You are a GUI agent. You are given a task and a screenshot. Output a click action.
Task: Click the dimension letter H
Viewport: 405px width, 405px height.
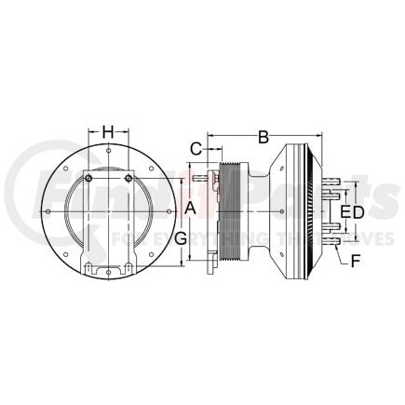108,131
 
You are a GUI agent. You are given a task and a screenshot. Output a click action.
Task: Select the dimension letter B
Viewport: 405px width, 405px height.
263,138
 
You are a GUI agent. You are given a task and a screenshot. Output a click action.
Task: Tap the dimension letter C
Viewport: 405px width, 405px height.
196,147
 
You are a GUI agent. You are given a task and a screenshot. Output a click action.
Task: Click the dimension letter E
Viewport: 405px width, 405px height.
344,212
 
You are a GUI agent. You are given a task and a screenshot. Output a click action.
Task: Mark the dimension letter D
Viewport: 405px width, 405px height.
358,212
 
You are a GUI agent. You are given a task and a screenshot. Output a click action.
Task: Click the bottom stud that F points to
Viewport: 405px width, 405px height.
333,247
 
